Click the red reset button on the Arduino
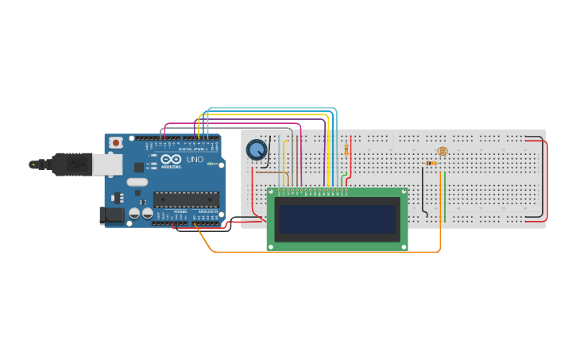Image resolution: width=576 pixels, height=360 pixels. point(116,143)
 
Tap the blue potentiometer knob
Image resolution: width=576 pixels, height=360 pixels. point(257,149)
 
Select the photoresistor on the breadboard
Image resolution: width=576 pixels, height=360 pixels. point(443,151)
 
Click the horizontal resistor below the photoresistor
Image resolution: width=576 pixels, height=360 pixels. point(431,163)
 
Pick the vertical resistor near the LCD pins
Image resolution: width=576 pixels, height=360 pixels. point(346,149)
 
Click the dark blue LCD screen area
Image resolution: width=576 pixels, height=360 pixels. point(337,219)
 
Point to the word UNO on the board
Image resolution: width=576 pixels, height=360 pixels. point(195,160)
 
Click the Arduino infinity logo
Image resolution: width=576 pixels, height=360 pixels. point(171,159)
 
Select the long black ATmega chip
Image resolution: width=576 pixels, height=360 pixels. point(186,199)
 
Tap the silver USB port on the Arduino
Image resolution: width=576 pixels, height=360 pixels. point(107,165)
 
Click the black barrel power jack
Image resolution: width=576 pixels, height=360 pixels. point(108,215)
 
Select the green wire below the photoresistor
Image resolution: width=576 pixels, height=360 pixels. point(445,199)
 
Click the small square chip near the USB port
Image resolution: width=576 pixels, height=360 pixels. point(139,167)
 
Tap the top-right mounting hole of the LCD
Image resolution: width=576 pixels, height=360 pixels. point(404,192)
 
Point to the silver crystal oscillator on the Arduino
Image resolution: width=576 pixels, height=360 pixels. point(137,182)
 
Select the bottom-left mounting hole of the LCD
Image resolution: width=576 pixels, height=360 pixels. point(271,247)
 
